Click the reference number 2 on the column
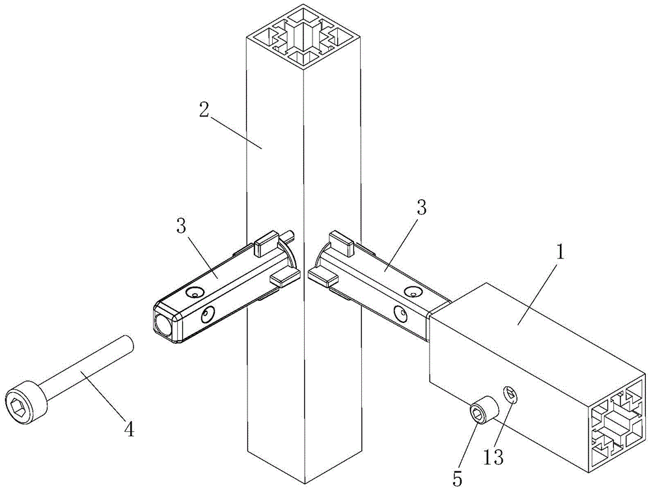pyautogui.click(x=204, y=108)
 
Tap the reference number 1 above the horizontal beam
pyautogui.click(x=561, y=252)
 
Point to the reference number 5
pyautogui.click(x=458, y=479)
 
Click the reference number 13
pyautogui.click(x=493, y=457)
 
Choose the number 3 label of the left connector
pyautogui.click(x=182, y=226)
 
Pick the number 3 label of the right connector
pyautogui.click(x=421, y=208)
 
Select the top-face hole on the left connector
pyautogui.click(x=194, y=292)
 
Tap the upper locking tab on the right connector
pyautogui.click(x=340, y=243)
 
